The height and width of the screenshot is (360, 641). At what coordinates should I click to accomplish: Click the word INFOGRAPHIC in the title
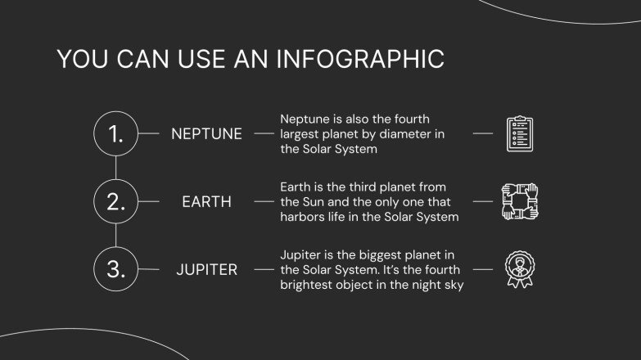tap(360, 59)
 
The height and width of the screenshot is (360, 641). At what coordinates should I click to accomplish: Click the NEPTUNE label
tap(206, 134)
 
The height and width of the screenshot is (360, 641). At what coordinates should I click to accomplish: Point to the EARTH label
tap(206, 202)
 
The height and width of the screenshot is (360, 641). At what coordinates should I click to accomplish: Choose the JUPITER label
tap(206, 270)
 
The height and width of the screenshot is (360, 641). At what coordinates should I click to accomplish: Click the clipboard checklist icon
tap(520, 133)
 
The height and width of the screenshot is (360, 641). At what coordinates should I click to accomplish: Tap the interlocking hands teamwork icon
tap(520, 201)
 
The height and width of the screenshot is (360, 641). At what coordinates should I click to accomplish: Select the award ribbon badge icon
tap(520, 269)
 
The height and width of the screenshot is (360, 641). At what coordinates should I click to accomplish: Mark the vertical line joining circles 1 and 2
tap(116, 168)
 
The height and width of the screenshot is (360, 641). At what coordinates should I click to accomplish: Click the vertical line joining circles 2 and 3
tap(116, 236)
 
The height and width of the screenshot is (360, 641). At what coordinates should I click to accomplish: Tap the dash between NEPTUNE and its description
tap(264, 133)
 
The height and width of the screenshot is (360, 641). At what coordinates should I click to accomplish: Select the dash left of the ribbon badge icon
tap(483, 269)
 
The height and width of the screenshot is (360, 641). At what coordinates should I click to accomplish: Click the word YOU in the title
tap(83, 59)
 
